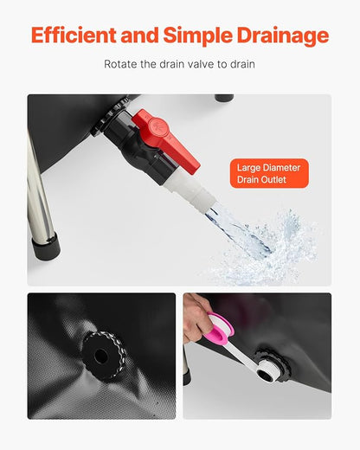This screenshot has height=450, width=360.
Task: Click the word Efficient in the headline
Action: (x=74, y=35)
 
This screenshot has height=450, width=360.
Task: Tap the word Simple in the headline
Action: (x=197, y=35)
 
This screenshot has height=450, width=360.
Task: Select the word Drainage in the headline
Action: (x=283, y=35)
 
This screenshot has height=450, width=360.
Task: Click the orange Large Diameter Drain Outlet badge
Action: (x=269, y=173)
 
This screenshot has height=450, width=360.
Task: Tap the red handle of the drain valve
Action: (x=166, y=138)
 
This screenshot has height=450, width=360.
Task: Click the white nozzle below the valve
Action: (x=190, y=191)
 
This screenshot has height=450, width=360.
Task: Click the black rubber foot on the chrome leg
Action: (x=46, y=246)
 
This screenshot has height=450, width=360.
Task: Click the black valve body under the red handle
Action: (x=138, y=147)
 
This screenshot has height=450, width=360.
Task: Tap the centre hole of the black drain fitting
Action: (x=100, y=357)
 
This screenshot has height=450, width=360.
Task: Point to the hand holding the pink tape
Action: (x=197, y=316)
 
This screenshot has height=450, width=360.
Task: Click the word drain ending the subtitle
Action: (x=242, y=64)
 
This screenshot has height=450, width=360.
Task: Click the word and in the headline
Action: (x=139, y=35)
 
